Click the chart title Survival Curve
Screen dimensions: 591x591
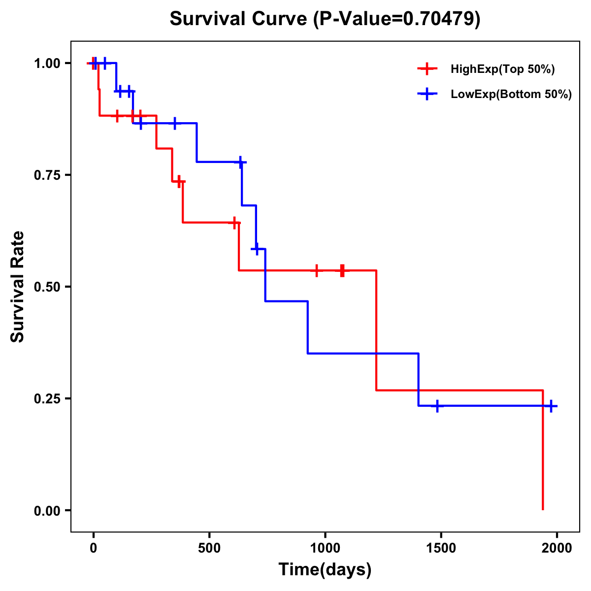coord(239,19)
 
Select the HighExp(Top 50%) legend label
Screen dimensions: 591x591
coord(502,69)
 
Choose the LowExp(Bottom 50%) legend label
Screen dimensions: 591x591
coord(511,95)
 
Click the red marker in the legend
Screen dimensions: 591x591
coord(427,69)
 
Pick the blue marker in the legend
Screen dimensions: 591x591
coord(427,94)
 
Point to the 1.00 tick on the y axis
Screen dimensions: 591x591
coord(47,64)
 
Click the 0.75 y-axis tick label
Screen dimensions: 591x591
coord(47,175)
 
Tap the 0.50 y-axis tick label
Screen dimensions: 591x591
coord(47,287)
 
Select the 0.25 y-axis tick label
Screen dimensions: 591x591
coord(47,398)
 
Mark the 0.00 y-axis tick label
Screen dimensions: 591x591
coord(47,510)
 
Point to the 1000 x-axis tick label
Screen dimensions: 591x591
coord(325,548)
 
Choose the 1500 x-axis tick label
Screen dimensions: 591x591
coord(441,548)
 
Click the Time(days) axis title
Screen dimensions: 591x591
coord(325,570)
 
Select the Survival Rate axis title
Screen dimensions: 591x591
coord(18,287)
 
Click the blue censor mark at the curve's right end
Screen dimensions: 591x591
coord(551,406)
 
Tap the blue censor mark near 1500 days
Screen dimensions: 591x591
coord(437,406)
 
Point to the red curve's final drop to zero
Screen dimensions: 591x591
coord(543,451)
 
